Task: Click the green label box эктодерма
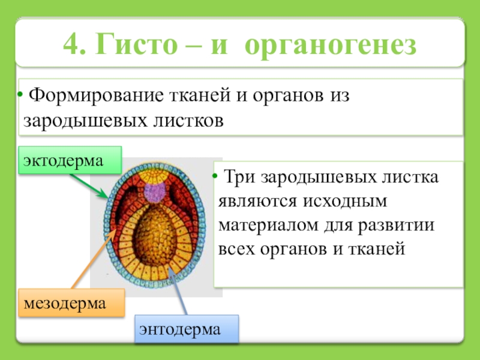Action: [70, 160]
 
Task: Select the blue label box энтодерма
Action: [186, 328]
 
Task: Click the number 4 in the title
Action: [72, 46]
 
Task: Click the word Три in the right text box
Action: [238, 178]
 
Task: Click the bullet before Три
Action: [215, 178]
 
